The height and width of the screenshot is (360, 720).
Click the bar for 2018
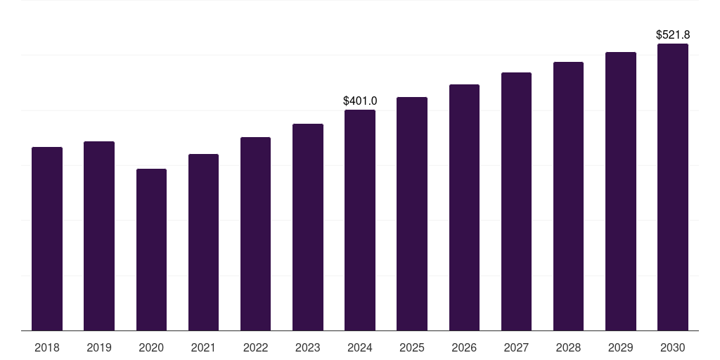pyautogui.click(x=47, y=239)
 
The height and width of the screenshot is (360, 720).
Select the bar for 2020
pyautogui.click(x=151, y=250)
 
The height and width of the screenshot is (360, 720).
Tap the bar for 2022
pyautogui.click(x=255, y=234)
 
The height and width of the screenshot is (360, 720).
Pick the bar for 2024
pyautogui.click(x=360, y=220)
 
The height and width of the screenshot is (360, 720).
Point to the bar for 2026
pyautogui.click(x=464, y=207)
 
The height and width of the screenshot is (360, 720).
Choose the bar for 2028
pyautogui.click(x=568, y=196)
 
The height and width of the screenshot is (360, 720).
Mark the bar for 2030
pyautogui.click(x=673, y=187)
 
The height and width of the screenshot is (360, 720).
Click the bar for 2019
pyautogui.click(x=99, y=236)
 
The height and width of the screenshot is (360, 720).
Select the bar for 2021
pyautogui.click(x=203, y=243)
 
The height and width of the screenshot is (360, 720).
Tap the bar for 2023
pyautogui.click(x=308, y=227)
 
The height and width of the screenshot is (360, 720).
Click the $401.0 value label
pyautogui.click(x=360, y=101)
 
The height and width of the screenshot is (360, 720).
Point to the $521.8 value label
pyautogui.click(x=673, y=35)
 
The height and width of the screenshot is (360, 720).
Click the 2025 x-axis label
pyautogui.click(x=412, y=347)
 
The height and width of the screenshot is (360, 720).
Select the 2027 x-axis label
pyautogui.click(x=516, y=347)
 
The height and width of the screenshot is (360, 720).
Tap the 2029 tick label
pyautogui.click(x=620, y=347)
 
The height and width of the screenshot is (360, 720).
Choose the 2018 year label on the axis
pyautogui.click(x=47, y=347)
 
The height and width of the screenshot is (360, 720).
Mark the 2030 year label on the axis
pyautogui.click(x=673, y=347)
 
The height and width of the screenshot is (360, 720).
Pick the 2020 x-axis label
pyautogui.click(x=151, y=347)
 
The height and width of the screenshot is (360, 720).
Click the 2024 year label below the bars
pyautogui.click(x=360, y=347)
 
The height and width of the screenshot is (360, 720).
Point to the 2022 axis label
pyautogui.click(x=255, y=347)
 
